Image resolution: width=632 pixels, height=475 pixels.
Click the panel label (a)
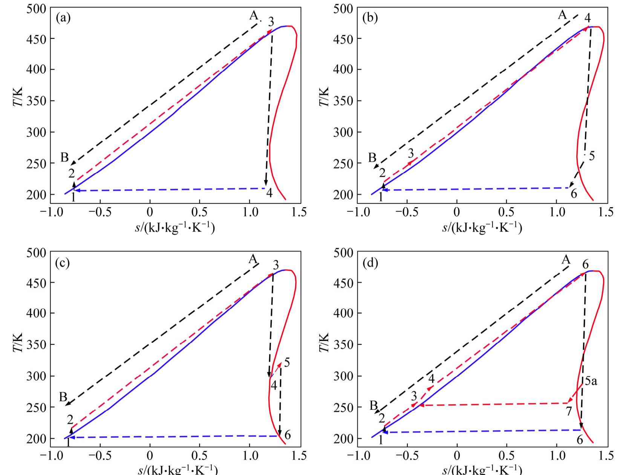coord(63,18)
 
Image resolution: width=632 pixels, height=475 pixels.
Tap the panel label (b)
coord(370,18)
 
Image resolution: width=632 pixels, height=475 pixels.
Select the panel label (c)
coord(63,263)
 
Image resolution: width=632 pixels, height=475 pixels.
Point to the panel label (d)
coord(370,263)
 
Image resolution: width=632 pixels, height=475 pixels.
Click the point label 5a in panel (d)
coord(591,382)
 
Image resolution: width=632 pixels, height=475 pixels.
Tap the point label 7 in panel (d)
coord(569,411)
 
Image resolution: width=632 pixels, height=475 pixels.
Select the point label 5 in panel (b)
coord(592,156)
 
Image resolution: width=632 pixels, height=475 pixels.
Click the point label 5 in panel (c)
coord(287,363)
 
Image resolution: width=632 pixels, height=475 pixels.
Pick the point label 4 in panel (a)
coord(269,193)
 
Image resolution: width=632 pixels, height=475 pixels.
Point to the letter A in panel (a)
coord(254,16)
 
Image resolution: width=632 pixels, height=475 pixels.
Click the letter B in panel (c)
coord(63,397)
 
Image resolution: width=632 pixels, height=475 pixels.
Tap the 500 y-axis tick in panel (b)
coord(343,8)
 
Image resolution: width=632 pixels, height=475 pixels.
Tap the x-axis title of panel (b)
coord(482,228)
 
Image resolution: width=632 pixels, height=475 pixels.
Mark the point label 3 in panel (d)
coord(414,396)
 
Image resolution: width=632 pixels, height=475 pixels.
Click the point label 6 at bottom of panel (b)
coord(574,194)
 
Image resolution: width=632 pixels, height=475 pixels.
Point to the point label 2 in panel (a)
coord(72,173)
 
